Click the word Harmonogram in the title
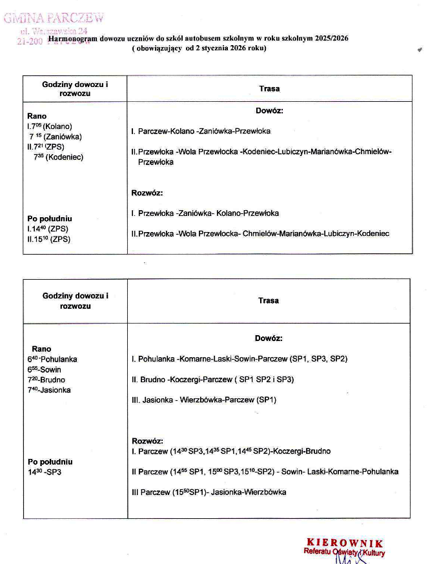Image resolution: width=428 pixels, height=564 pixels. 70,39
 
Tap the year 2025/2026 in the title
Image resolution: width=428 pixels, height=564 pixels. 332,39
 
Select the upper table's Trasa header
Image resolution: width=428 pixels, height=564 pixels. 269,89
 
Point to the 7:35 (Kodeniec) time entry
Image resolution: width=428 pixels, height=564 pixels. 58,157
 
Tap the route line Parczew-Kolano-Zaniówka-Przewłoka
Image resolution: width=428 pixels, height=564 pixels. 200,131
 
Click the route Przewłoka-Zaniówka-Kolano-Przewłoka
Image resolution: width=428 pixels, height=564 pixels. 205,213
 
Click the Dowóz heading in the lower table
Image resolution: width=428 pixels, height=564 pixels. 269,338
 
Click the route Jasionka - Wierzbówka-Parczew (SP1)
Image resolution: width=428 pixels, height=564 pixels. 203,400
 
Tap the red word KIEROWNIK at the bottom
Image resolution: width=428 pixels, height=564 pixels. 345,543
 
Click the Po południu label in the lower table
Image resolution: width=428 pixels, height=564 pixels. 50,462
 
